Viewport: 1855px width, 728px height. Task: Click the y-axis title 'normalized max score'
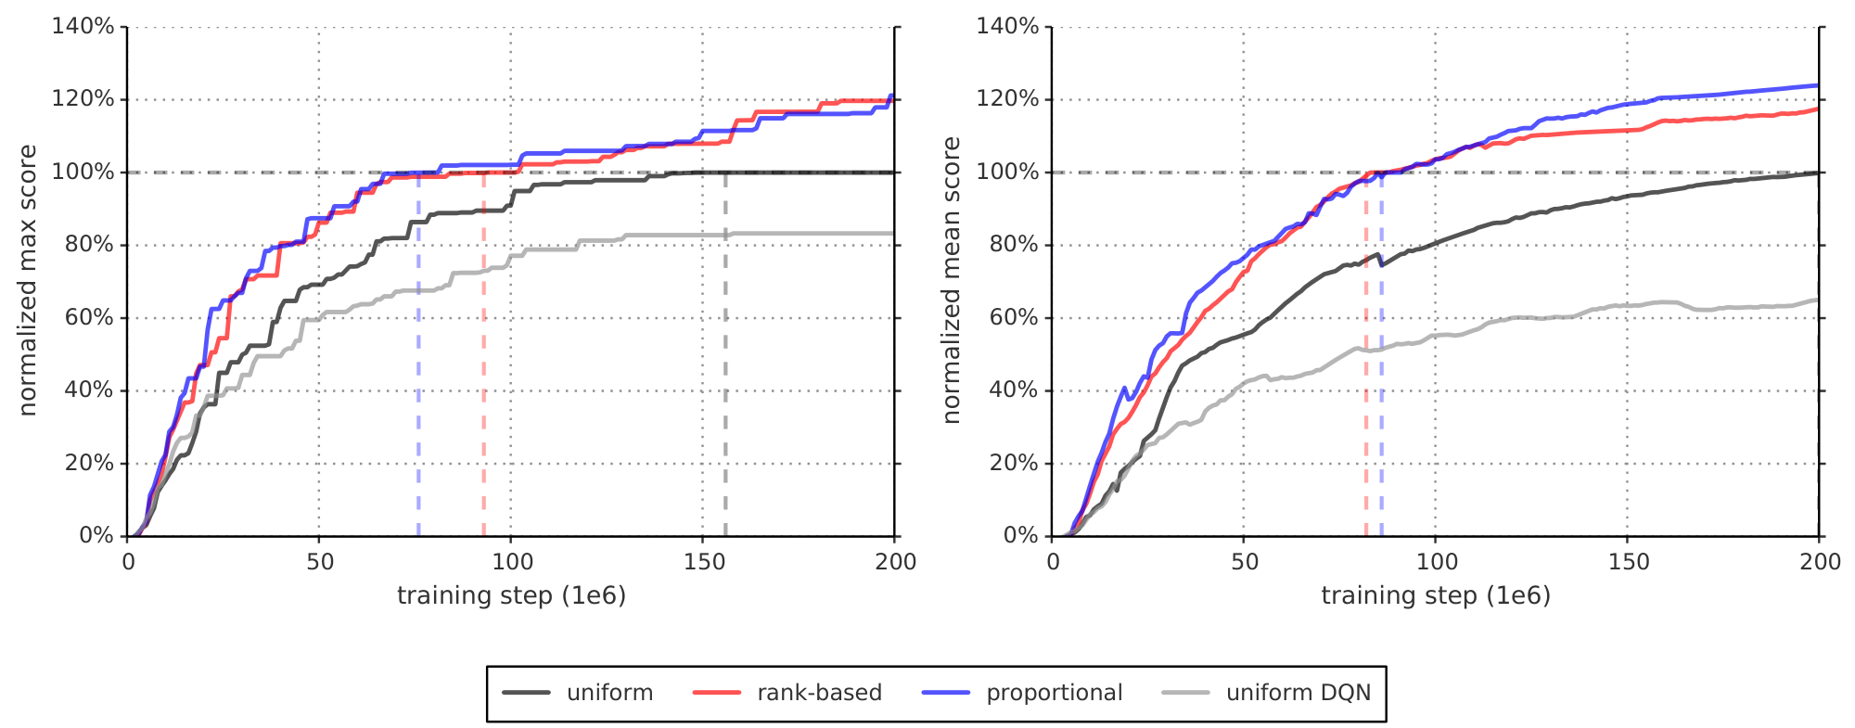pos(28,280)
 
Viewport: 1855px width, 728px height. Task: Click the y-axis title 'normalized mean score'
pos(952,280)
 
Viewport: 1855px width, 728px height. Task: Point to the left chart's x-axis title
pos(511,595)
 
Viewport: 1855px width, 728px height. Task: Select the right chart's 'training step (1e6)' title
pos(1436,595)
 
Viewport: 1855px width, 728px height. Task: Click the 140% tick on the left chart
pos(83,26)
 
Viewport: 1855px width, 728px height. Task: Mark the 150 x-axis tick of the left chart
pos(703,561)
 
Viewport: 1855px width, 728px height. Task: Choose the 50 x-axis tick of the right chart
pos(1244,561)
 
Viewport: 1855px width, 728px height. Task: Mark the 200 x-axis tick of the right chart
pos(1820,561)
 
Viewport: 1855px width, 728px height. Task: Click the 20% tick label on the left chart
pos(89,463)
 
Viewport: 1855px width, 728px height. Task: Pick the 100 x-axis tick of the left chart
pos(511,561)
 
